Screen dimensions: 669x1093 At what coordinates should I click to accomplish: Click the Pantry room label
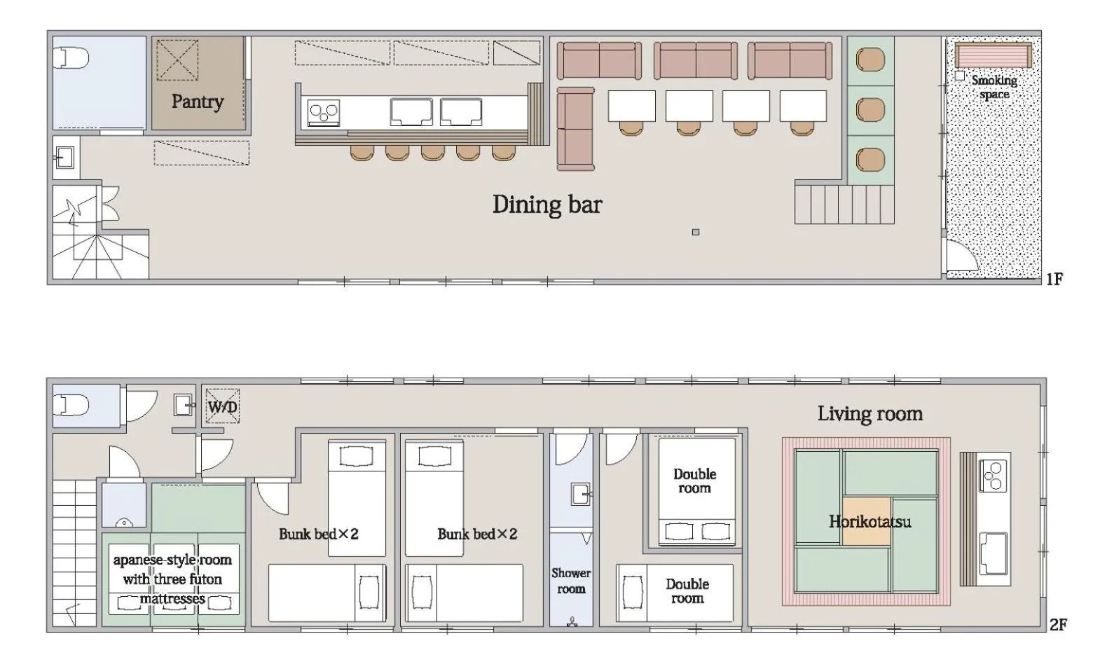pos(198,102)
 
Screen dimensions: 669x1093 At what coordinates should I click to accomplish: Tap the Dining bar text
pos(546,205)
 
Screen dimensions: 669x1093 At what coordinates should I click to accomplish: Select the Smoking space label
pos(994,87)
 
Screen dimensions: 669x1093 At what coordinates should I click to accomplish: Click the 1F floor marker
pos(1054,280)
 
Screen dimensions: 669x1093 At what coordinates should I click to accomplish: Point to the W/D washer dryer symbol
pos(222,407)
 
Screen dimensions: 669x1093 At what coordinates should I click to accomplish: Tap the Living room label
pos(869,413)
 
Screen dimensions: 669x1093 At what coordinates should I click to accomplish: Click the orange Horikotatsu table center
pos(867,520)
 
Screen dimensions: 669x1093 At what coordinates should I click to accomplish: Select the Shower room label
pos(570,581)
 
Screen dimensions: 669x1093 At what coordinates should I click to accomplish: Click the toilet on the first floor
pos(71,57)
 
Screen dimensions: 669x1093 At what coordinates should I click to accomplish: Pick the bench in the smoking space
pos(994,55)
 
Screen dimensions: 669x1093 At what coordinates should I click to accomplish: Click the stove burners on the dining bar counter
pos(324,112)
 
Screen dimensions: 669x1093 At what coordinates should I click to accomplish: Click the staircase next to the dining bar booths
pos(844,203)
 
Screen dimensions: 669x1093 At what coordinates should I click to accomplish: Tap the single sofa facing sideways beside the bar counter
pos(575,129)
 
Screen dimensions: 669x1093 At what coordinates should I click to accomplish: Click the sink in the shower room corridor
pos(582,494)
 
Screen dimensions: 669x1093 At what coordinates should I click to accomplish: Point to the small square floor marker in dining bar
pos(695,232)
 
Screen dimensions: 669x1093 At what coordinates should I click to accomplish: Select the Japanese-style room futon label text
pos(172,579)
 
